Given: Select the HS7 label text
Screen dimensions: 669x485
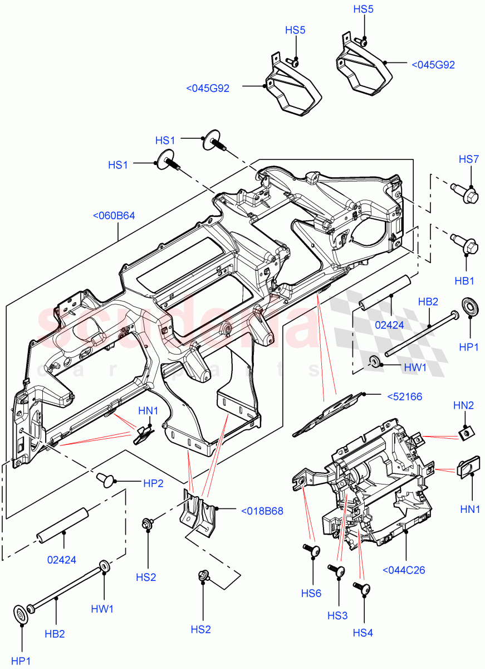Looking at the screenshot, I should [468, 159].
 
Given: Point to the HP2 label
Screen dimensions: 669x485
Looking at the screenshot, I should [153, 483].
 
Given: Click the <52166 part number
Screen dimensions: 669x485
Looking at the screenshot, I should [404, 396].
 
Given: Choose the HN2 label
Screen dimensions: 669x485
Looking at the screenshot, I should [463, 405].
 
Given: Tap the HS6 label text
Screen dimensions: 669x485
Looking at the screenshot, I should [311, 593].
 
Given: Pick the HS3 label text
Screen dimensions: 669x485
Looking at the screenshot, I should [337, 615].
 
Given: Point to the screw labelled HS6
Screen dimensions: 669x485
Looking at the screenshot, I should [313, 551].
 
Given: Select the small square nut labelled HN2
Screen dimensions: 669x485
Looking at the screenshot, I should [465, 432].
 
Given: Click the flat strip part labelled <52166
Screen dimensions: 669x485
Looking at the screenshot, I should [328, 413].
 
